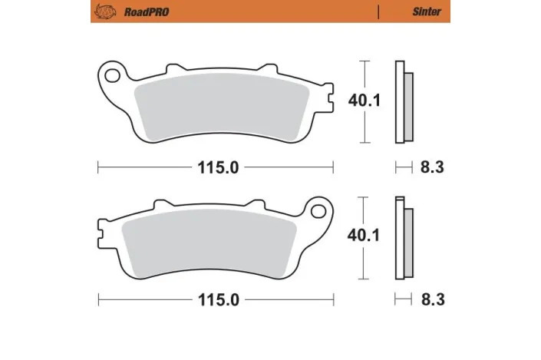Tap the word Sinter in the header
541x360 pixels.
[x=426, y=12]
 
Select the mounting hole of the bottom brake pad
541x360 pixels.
[x=318, y=210]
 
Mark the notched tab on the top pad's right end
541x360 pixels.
[x=328, y=97]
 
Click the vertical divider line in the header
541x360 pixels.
[x=380, y=12]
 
